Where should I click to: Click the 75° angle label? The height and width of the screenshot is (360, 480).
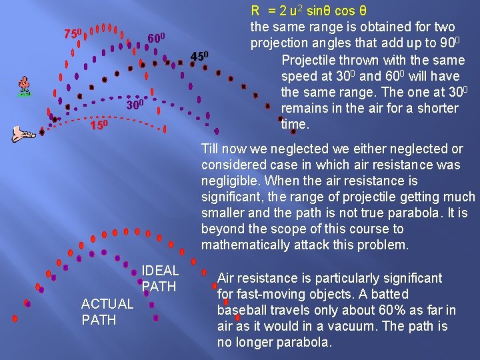[73, 33]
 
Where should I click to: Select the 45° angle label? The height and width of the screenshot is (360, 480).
[200, 55]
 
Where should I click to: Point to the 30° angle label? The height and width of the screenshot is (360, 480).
[135, 105]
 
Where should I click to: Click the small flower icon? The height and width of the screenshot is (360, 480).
[25, 86]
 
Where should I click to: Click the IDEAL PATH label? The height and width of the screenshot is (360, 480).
[160, 279]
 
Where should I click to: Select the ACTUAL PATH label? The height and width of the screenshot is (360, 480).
[107, 312]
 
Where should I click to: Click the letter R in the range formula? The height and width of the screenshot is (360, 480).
[255, 11]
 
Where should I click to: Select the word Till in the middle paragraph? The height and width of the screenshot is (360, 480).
[211, 149]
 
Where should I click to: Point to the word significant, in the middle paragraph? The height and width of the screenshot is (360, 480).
[233, 197]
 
